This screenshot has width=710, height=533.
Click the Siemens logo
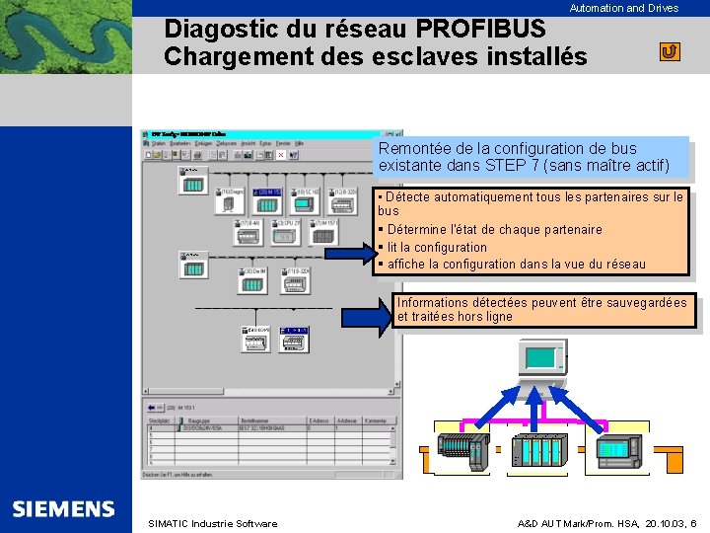pos(64,509)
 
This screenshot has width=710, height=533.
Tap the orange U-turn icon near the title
pos(670,51)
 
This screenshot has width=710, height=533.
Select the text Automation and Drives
pos(623,8)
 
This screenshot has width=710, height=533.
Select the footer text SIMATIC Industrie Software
pos(212,523)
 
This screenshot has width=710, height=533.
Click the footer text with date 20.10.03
pos(607,523)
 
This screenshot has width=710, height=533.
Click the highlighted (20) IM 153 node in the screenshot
pos(268,192)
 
